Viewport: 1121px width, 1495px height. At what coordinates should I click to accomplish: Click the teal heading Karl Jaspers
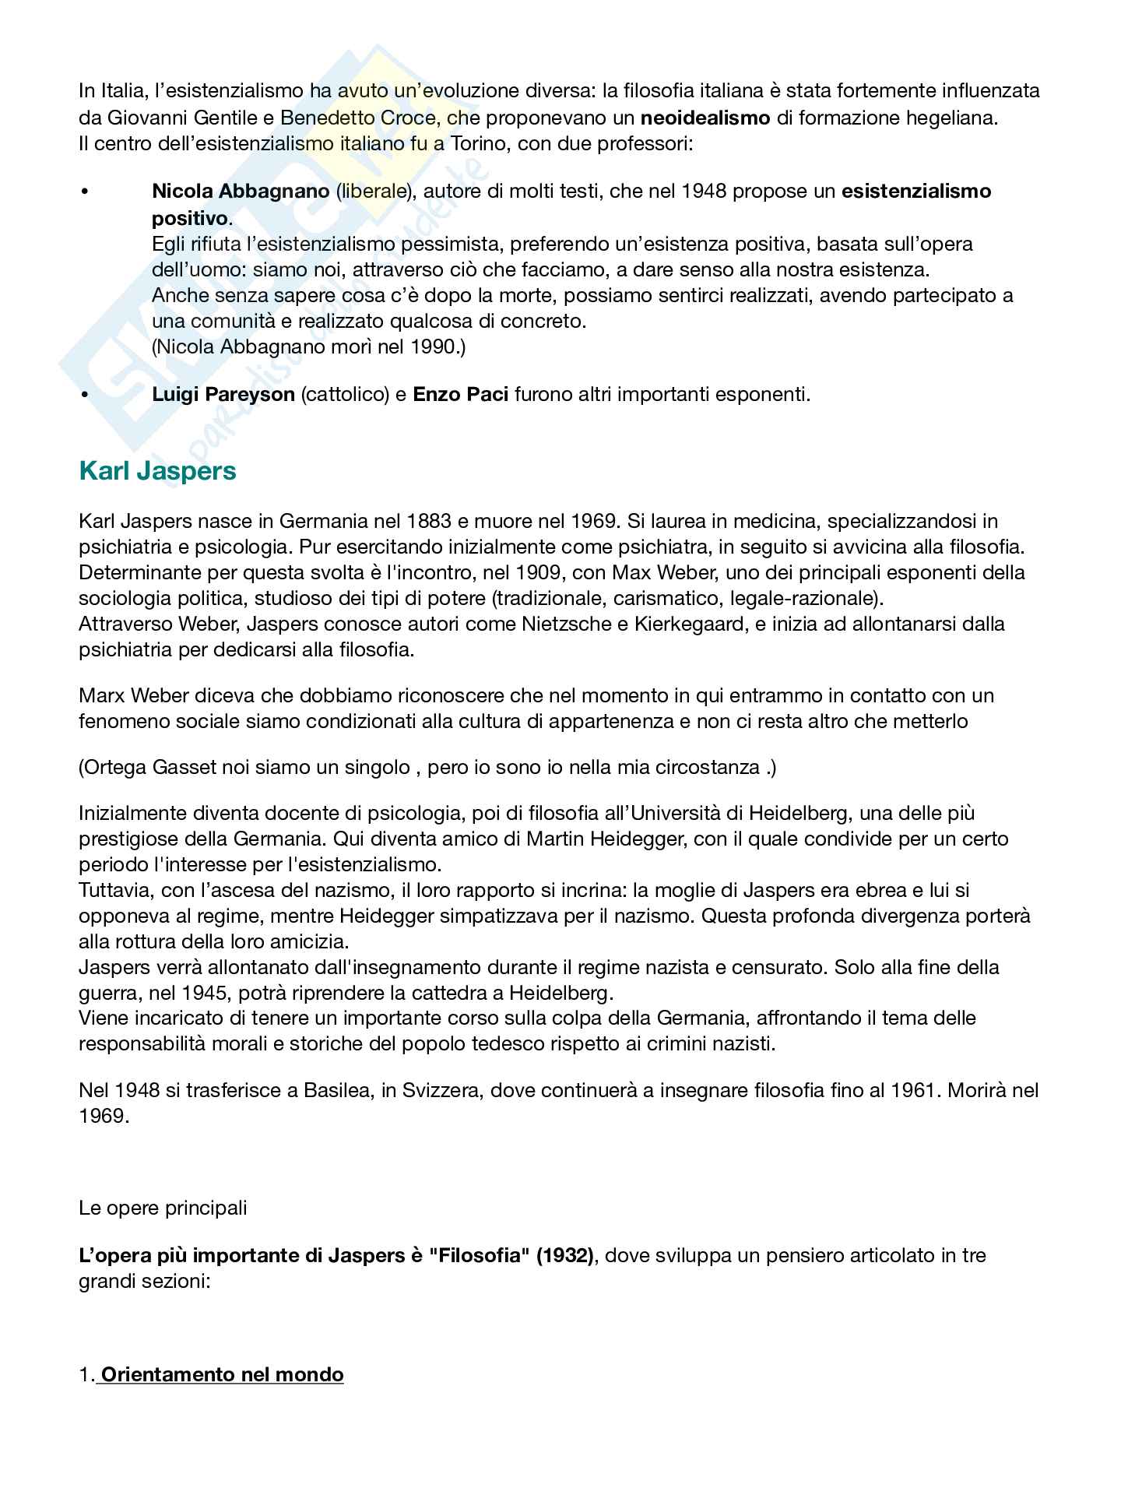click(x=157, y=471)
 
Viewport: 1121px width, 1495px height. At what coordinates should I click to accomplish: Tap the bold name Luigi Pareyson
click(x=223, y=394)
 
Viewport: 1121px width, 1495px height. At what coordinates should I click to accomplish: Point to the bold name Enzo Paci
click(x=461, y=394)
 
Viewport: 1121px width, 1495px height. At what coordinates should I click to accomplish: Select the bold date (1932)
click(x=564, y=1255)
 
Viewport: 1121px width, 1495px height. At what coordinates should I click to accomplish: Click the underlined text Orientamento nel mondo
click(x=222, y=1374)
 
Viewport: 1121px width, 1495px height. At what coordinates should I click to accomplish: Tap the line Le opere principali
click(x=163, y=1208)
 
